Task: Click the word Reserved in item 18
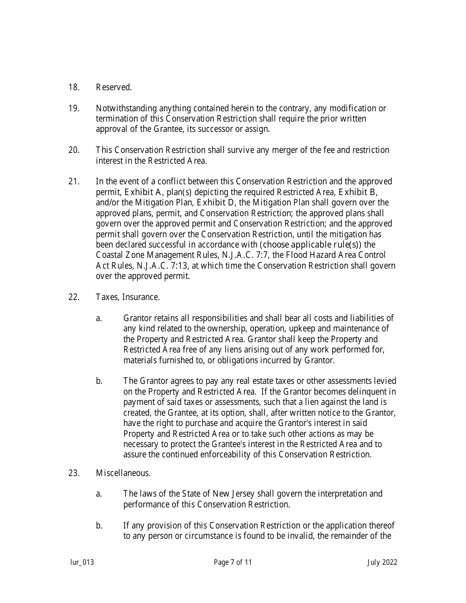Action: (114, 88)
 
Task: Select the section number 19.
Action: (74, 108)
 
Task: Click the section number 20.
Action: (74, 150)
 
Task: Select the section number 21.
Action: (74, 182)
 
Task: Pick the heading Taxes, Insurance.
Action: (128, 297)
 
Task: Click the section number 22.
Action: (74, 297)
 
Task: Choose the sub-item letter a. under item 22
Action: (99, 318)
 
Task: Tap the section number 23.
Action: (74, 473)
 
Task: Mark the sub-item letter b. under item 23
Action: (99, 526)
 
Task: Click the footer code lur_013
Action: (81, 562)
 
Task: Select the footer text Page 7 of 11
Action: (233, 562)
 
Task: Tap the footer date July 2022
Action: (382, 562)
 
